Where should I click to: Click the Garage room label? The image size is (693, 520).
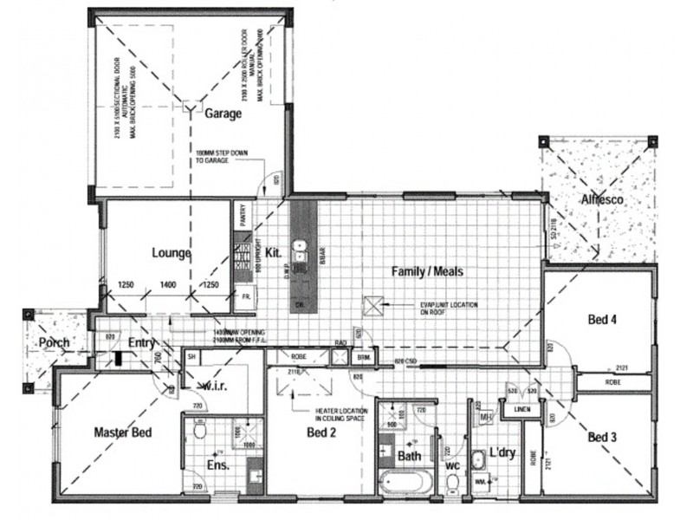pyautogui.click(x=223, y=113)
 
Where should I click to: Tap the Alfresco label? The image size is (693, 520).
pyautogui.click(x=602, y=200)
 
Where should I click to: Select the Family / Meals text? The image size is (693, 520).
pyautogui.click(x=427, y=271)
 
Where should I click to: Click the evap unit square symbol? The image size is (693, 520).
pyautogui.click(x=372, y=306)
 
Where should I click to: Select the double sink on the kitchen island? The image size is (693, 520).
pyautogui.click(x=301, y=250)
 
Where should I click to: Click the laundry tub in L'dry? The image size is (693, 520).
pyautogui.click(x=479, y=459)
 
